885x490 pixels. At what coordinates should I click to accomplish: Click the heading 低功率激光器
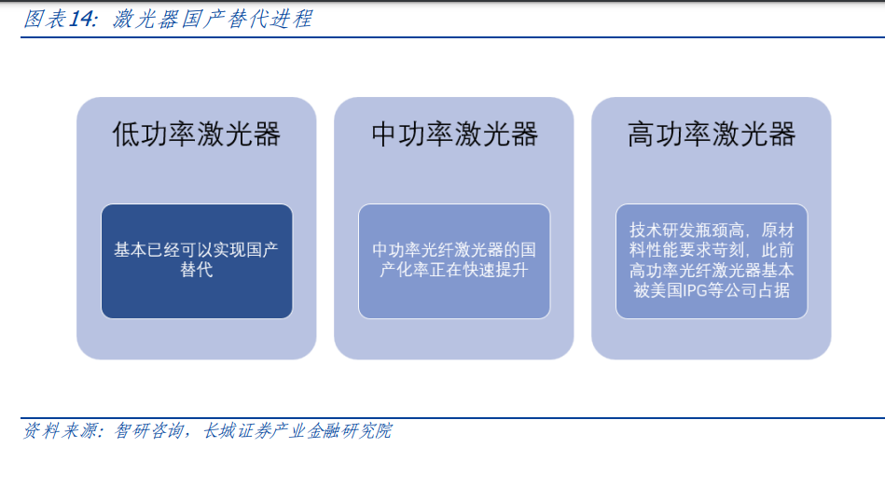(197, 134)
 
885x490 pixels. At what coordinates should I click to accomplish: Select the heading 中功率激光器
(454, 134)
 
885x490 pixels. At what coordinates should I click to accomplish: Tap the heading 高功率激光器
(712, 134)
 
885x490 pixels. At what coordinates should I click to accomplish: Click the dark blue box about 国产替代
(197, 261)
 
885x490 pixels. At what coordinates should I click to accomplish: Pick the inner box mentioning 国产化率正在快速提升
(454, 261)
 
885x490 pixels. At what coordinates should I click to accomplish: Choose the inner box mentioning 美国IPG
(712, 261)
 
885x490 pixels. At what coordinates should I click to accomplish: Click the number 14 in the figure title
(81, 20)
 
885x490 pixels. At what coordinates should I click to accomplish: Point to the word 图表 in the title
(45, 20)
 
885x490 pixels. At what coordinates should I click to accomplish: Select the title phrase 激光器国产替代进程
(213, 20)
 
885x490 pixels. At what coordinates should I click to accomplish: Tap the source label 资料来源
(60, 431)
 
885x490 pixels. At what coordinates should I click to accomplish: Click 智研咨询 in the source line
(149, 431)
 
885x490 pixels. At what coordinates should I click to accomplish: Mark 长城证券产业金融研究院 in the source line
(297, 431)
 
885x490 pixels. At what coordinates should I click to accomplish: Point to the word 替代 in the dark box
(197, 270)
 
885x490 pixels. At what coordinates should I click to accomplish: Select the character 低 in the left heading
(125, 134)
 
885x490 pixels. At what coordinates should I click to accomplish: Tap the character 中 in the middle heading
(384, 134)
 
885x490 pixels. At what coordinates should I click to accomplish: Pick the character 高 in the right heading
(641, 134)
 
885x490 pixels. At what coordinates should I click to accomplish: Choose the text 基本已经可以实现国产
(197, 250)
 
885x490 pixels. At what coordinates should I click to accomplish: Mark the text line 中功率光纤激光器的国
(454, 250)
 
